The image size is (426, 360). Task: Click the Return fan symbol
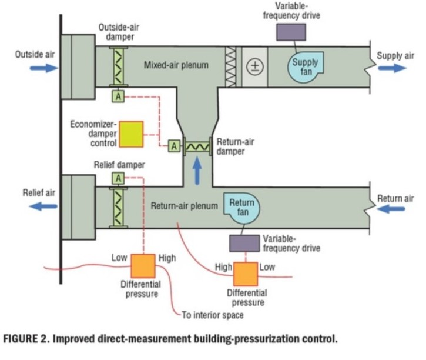[x=242, y=206]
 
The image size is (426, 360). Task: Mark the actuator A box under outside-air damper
[x=119, y=96]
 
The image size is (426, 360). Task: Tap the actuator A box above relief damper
[x=119, y=178]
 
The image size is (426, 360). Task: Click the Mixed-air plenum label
[x=176, y=65]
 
